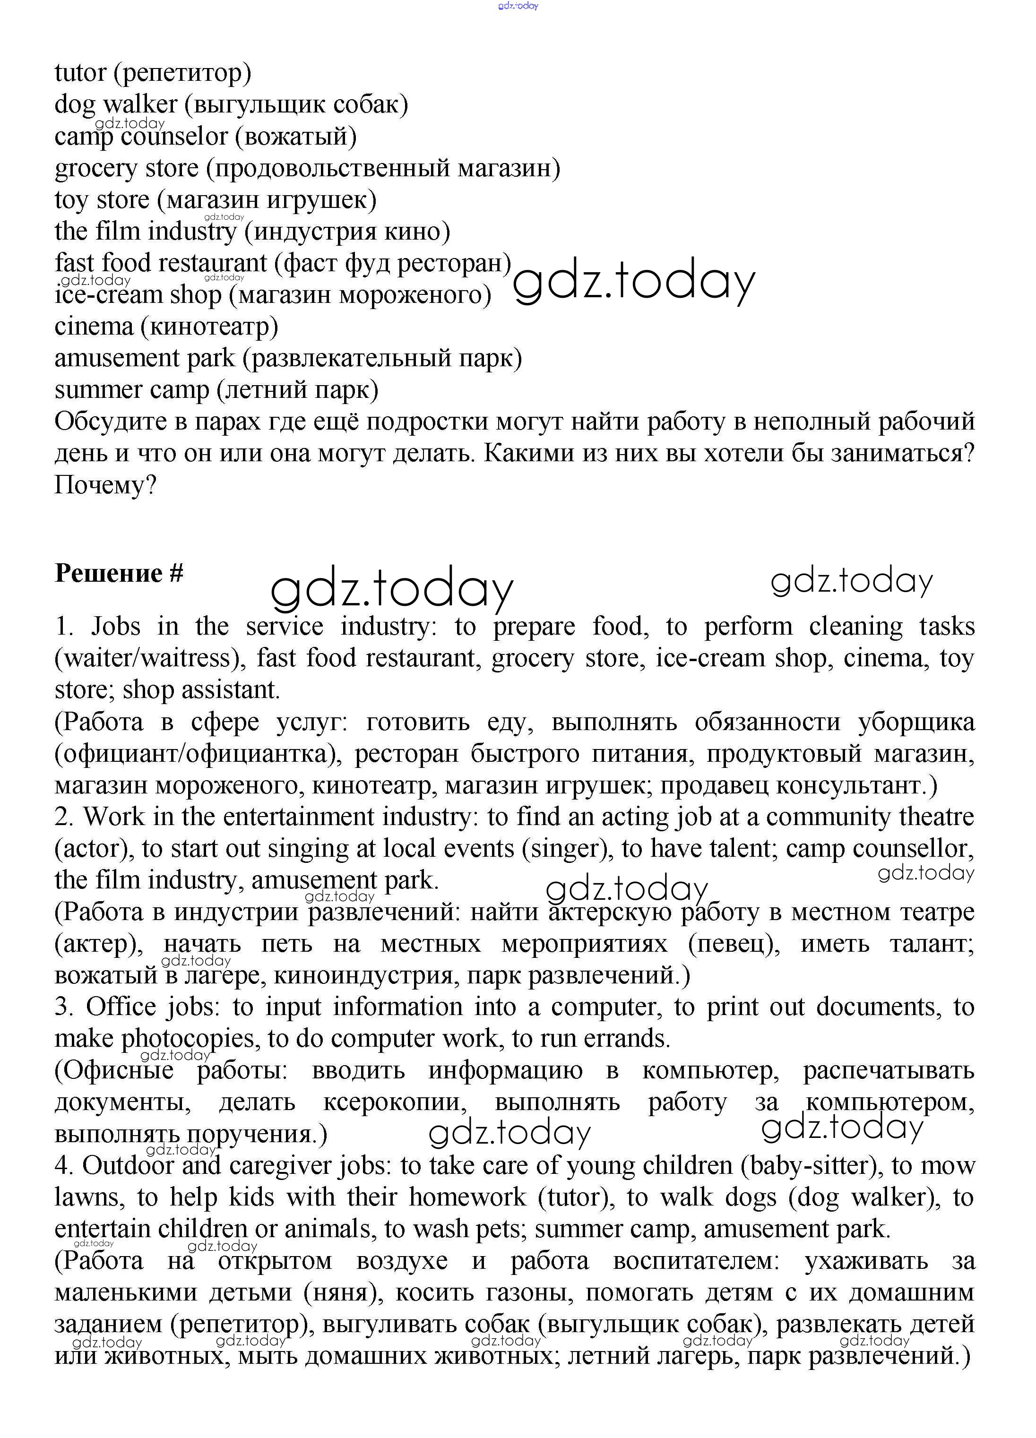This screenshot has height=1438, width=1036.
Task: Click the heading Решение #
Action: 119,573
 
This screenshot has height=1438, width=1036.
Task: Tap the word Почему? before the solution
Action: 105,486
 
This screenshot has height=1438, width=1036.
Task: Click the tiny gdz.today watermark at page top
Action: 518,6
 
